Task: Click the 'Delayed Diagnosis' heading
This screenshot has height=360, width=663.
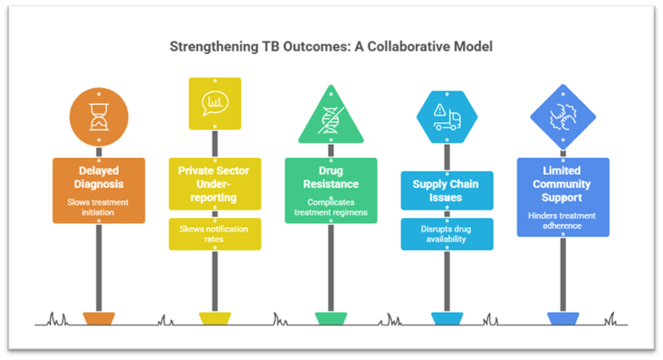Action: (98, 176)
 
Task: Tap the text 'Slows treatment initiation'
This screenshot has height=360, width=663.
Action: (98, 207)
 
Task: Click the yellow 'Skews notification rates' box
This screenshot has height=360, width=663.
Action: (214, 234)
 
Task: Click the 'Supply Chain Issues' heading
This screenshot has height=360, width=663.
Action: (446, 190)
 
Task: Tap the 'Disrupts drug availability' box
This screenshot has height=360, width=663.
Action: (446, 234)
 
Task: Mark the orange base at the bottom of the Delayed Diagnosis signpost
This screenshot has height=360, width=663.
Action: (98, 318)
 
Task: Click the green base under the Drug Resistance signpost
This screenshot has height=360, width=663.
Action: (331, 318)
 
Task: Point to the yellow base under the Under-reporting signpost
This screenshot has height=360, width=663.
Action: (214, 318)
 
